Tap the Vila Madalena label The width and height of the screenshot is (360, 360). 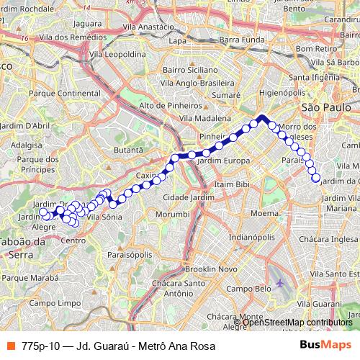click(205, 118)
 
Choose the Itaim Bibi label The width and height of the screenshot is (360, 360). click(231, 185)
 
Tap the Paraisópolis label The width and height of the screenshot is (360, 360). click(130, 254)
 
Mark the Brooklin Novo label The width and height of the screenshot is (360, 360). click(212, 269)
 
